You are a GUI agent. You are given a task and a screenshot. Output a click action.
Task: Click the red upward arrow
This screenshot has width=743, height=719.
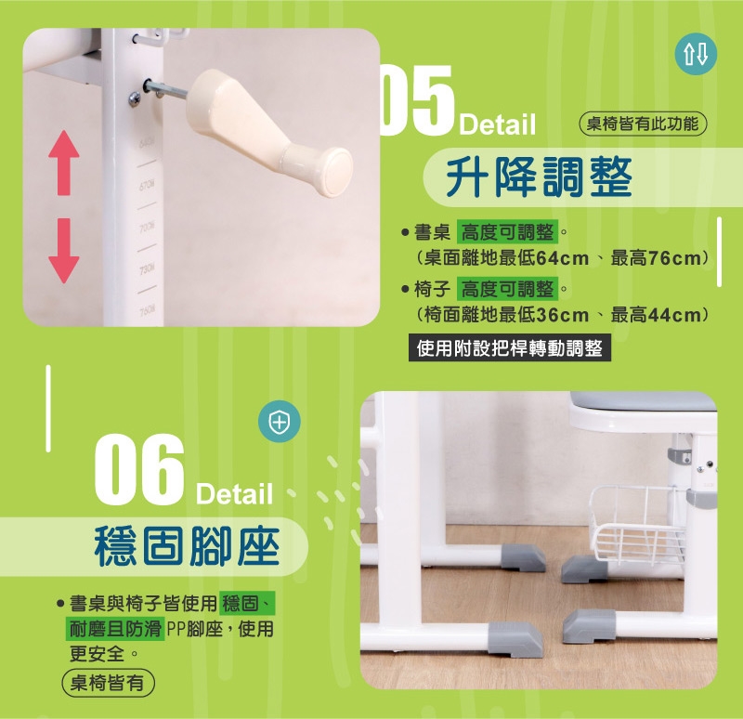tap(63, 163)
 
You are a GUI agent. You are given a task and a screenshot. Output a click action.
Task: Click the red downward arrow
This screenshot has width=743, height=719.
tap(63, 251)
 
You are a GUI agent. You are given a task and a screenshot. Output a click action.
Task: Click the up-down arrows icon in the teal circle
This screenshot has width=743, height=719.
tap(696, 54)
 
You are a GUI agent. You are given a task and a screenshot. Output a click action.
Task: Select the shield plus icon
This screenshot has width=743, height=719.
tap(280, 422)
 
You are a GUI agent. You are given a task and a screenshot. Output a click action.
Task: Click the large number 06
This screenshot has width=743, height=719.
tap(138, 470)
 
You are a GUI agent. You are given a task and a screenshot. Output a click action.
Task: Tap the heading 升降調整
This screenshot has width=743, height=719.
tap(540, 177)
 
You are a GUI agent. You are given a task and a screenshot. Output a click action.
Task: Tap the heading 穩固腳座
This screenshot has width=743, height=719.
tap(188, 546)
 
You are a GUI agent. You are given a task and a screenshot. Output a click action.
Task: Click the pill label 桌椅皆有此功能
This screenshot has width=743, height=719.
tap(643, 124)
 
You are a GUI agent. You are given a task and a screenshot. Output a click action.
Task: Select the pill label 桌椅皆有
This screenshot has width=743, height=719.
tap(108, 683)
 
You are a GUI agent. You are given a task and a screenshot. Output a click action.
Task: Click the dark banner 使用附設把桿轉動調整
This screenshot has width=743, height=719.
tap(509, 348)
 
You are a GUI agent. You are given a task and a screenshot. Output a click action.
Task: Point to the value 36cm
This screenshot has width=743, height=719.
tap(563, 315)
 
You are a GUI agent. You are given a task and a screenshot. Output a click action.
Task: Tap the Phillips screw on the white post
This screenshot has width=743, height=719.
tap(135, 98)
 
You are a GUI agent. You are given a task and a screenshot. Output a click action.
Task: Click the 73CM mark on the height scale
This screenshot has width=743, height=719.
tap(147, 269)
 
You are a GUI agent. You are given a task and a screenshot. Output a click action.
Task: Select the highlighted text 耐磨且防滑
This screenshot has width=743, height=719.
tap(114, 629)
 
